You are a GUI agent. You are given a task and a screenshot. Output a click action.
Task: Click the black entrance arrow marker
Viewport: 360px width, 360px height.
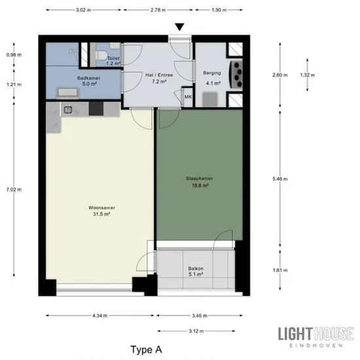click(179, 27)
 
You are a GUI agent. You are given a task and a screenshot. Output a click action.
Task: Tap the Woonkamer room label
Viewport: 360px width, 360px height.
click(101, 207)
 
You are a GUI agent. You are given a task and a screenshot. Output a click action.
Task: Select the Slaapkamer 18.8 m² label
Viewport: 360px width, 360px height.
click(200, 182)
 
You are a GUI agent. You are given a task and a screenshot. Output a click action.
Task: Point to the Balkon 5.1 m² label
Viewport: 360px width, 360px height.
click(196, 272)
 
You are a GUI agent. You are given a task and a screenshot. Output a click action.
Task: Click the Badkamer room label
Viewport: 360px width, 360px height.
click(88, 78)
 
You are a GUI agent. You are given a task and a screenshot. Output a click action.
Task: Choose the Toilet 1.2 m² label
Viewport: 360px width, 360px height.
click(113, 61)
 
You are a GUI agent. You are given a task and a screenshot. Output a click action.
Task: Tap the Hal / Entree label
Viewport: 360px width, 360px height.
click(159, 75)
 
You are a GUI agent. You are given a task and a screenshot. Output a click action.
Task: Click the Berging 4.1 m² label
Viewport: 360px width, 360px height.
click(212, 78)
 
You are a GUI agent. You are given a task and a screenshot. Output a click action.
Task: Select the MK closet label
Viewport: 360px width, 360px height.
click(189, 97)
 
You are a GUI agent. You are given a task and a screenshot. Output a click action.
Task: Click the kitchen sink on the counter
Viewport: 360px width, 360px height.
click(68, 109)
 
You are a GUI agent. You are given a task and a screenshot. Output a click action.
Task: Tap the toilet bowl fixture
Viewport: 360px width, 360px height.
click(101, 56)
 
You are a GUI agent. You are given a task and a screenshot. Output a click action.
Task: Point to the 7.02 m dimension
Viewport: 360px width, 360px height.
click(14, 190)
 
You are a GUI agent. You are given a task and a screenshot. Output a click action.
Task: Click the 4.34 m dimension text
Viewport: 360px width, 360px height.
click(100, 315)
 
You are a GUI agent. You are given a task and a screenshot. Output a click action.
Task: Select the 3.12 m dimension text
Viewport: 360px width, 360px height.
click(196, 331)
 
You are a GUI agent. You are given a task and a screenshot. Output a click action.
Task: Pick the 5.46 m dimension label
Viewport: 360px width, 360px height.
click(280, 179)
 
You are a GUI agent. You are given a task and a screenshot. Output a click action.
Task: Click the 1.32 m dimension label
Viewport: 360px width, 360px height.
click(308, 75)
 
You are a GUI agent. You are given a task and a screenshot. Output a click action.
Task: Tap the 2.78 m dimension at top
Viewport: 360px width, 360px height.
click(158, 10)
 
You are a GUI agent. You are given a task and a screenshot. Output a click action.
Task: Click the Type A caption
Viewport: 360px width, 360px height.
click(146, 350)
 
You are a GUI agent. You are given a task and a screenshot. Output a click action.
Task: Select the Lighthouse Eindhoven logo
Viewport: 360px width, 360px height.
click(316, 337)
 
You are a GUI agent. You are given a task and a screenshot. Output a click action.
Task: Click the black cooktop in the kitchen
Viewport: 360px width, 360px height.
click(96, 109)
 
